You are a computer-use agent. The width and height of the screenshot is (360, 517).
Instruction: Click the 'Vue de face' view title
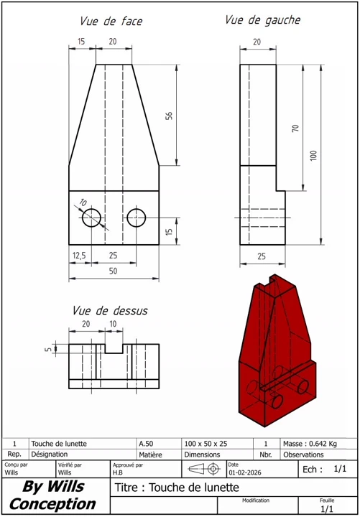(111, 22)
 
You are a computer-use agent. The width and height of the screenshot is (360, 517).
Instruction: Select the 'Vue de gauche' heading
(262, 20)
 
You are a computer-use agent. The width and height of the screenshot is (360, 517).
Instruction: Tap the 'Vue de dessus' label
(109, 311)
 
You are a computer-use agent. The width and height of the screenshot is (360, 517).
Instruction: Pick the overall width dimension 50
(114, 271)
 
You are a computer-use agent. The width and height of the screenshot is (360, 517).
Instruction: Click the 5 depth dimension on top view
(48, 350)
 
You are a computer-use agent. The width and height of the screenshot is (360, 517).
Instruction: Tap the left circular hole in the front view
(91, 218)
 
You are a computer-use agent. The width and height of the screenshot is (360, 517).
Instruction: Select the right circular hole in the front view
(137, 218)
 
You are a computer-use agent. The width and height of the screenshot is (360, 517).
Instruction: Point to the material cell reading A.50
(145, 444)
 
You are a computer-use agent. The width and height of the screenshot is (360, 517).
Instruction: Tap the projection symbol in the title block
(204, 469)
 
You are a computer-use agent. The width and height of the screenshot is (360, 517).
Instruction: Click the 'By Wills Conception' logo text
(52, 495)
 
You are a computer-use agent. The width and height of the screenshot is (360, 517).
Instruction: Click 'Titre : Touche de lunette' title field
(176, 488)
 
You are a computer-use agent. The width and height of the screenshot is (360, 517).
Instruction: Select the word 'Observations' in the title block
(303, 455)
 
